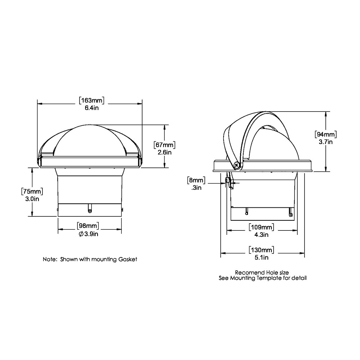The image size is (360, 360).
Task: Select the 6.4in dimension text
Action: [90, 108]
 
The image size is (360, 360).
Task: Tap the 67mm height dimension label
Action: [165, 145]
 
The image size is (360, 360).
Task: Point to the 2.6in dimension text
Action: [165, 152]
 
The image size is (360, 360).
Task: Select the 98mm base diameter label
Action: [88, 226]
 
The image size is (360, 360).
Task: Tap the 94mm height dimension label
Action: [325, 134]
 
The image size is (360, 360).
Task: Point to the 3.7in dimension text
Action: [325, 142]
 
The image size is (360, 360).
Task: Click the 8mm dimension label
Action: [196, 180]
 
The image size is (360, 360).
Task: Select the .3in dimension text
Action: [196, 187]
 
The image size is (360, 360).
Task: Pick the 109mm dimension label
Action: [261, 227]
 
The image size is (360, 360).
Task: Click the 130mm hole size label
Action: [261, 249]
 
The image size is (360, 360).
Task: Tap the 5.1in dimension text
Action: [261, 257]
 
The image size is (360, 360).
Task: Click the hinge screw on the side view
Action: [237, 166]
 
